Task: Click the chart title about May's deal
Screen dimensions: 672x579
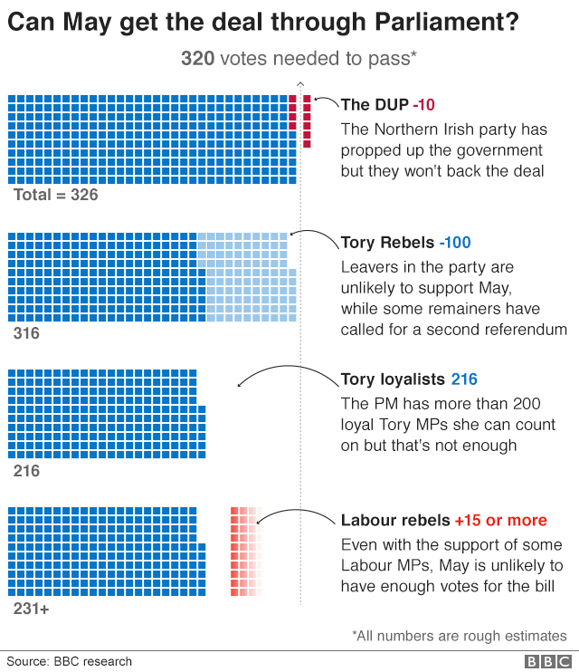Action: [263, 21]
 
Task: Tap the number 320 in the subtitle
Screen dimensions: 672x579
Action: [197, 59]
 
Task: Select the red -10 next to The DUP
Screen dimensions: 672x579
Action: [425, 105]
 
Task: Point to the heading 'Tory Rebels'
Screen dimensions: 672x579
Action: [387, 244]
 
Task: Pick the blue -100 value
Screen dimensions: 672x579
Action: [455, 244]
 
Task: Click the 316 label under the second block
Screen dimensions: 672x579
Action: [26, 334]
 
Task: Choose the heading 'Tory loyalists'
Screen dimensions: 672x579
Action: [392, 379]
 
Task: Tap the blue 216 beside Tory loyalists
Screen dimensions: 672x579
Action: [464, 379]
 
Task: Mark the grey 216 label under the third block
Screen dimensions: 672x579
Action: [26, 471]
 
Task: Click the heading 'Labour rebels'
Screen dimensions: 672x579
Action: [395, 521]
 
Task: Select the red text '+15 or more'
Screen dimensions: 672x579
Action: [500, 521]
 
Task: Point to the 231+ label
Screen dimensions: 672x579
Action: [31, 610]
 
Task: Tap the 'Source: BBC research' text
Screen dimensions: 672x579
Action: [70, 662]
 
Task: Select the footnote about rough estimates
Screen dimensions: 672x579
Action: [460, 636]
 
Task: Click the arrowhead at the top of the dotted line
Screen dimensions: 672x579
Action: [300, 83]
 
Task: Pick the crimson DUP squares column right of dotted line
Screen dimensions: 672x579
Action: [308, 120]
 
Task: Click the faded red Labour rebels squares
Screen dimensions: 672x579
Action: [244, 551]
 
